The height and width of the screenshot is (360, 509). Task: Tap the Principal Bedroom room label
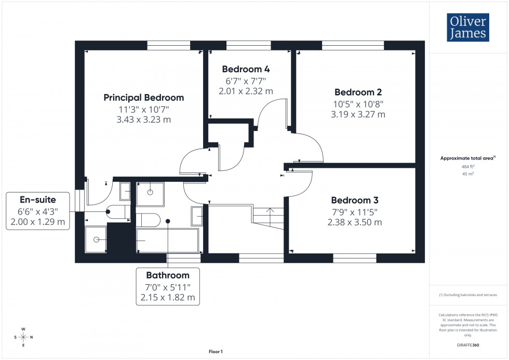coord(144,98)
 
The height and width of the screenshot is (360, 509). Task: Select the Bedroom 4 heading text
coord(246,69)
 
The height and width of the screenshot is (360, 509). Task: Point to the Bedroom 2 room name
coord(358,92)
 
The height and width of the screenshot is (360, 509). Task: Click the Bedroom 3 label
coord(355,200)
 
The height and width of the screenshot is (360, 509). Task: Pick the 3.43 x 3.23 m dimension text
coord(144,119)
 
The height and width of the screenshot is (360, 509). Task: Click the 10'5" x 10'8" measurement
coord(358,103)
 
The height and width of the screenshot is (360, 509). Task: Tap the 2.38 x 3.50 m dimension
coord(355,222)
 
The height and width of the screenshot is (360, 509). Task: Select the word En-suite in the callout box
coord(37,199)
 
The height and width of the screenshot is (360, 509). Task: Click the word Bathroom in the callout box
coord(167,275)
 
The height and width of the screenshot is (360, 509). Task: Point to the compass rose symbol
coord(23,337)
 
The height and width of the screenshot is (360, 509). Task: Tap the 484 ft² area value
coord(468,166)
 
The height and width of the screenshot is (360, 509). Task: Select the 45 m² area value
coord(468,174)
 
